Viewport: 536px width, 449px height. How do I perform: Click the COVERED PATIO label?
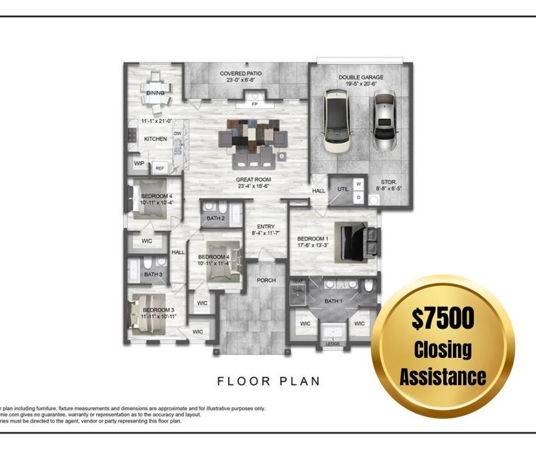[240, 74]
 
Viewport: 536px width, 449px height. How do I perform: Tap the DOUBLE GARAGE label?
[360, 77]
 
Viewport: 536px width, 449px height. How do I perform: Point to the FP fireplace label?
[255, 104]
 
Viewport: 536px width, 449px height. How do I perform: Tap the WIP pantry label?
[139, 164]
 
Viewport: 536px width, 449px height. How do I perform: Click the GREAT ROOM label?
[253, 179]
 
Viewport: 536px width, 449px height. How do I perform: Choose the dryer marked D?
[359, 198]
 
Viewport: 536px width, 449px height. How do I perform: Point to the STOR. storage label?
[390, 182]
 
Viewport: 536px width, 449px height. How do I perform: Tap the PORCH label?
[266, 281]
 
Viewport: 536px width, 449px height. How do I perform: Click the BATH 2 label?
[215, 219]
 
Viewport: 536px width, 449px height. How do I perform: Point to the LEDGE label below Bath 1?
[332, 344]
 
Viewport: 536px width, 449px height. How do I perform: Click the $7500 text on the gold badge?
[442, 319]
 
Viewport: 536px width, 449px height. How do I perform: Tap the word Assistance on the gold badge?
[442, 376]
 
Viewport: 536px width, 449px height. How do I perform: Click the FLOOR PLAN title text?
[269, 381]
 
